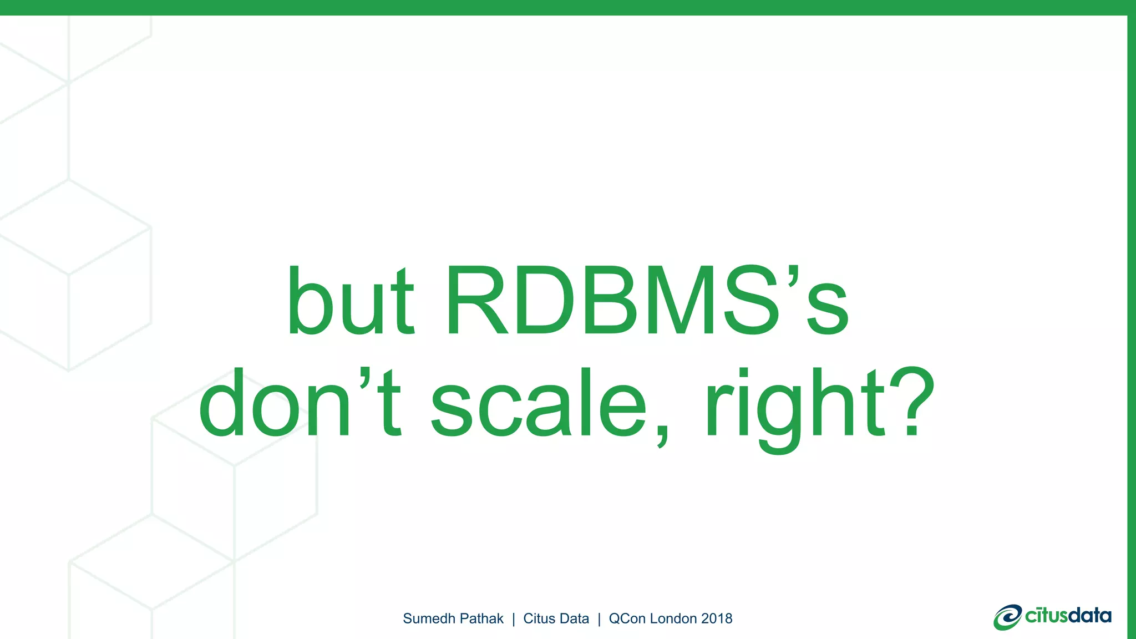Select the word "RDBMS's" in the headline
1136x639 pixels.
(647, 302)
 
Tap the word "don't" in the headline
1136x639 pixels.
(300, 404)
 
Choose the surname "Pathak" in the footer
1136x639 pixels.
(482, 618)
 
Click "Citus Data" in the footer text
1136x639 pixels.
(556, 618)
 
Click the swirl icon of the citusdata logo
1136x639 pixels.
(1007, 617)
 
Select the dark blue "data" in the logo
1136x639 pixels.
(1089, 616)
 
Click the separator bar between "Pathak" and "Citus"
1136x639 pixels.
(514, 619)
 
